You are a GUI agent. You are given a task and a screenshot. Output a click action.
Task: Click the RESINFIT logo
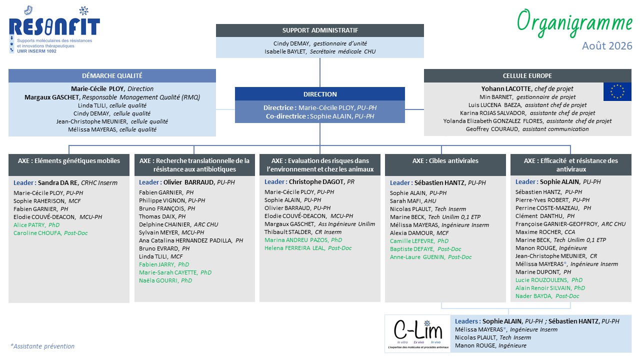point(54,29)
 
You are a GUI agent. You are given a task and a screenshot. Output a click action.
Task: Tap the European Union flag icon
point(617,91)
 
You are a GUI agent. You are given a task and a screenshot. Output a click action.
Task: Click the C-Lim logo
point(417,333)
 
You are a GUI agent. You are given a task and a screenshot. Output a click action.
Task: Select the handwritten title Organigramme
point(574,23)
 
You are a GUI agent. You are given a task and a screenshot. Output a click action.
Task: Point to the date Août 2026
point(607,45)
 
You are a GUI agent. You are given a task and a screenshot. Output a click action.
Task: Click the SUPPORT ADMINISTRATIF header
point(320,30)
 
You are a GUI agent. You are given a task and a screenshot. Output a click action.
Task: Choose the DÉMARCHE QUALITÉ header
point(112,75)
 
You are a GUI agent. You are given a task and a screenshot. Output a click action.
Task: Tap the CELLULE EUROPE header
point(527,75)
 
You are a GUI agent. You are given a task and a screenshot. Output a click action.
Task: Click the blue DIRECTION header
point(320,94)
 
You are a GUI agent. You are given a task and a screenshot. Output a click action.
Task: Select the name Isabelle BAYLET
point(285,51)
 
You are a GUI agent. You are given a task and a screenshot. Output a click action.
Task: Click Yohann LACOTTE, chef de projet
point(527,89)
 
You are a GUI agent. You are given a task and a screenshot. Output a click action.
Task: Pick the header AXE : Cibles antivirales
point(445,161)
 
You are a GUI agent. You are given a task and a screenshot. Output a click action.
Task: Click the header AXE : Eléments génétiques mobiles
point(69,161)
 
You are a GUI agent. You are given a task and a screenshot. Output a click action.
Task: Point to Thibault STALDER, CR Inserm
point(303,232)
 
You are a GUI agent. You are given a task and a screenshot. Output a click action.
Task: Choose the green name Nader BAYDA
point(533,296)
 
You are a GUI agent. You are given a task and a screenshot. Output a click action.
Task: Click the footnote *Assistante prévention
point(42,346)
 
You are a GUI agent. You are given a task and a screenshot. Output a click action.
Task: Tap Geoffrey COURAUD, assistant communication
point(527,129)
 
